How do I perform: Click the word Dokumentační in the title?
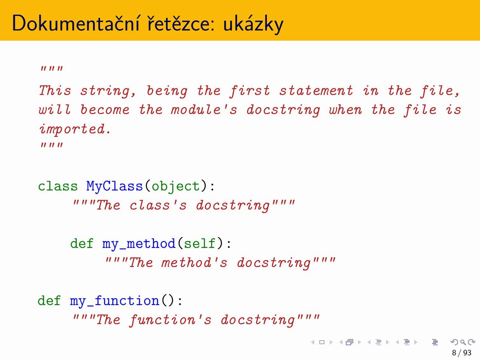76,23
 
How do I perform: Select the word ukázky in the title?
253,24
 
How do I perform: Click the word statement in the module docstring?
316,90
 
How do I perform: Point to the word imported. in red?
75,129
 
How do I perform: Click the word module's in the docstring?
204,109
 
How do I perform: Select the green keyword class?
58,186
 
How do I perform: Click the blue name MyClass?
114,187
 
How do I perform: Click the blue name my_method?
139,244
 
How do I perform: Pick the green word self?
199,243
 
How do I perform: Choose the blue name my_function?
115,301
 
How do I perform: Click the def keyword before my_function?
49,300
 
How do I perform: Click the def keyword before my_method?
82,243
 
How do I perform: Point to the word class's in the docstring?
158,205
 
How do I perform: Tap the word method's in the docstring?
194,262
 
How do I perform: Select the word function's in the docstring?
170,320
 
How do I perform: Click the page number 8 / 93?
461,352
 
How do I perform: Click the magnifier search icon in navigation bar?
463,342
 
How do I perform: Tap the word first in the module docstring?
250,91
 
